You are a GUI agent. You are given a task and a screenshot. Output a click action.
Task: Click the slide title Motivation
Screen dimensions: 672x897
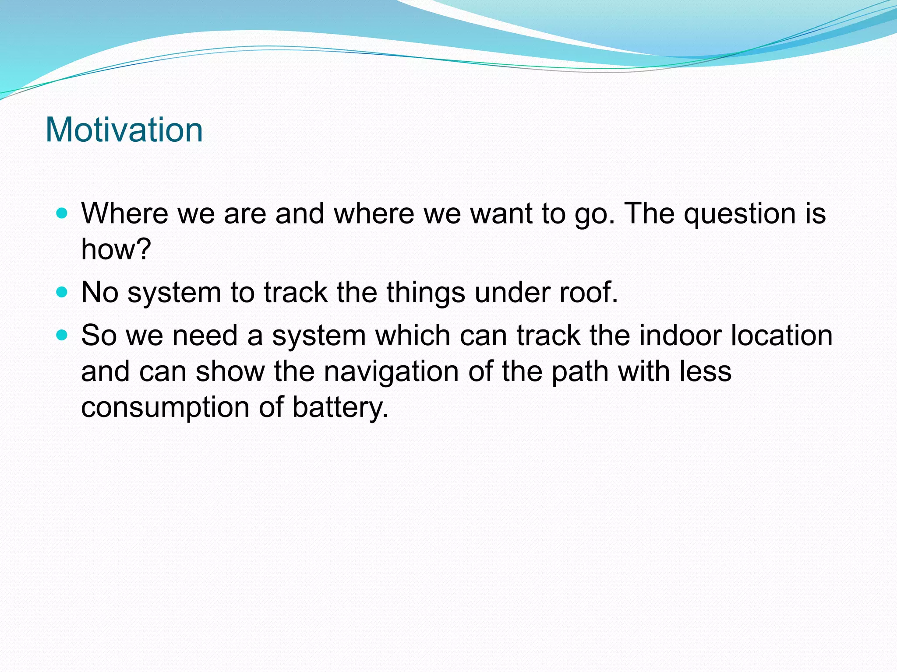click(x=124, y=130)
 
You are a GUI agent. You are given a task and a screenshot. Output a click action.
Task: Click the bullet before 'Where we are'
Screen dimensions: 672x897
click(x=62, y=213)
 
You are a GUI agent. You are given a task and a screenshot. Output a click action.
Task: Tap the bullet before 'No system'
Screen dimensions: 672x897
click(x=62, y=292)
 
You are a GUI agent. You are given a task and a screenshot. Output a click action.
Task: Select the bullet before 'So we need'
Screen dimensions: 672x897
click(x=62, y=336)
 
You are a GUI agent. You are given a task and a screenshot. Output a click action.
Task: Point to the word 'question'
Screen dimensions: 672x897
click(x=740, y=214)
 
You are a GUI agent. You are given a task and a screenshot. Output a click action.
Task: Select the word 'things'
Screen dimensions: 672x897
click(x=425, y=293)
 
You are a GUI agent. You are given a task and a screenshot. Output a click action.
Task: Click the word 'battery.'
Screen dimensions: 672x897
click(x=340, y=408)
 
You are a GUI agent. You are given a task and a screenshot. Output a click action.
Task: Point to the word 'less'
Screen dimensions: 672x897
click(x=705, y=371)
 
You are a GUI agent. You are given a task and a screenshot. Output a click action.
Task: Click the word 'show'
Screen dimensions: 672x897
click(x=230, y=371)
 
